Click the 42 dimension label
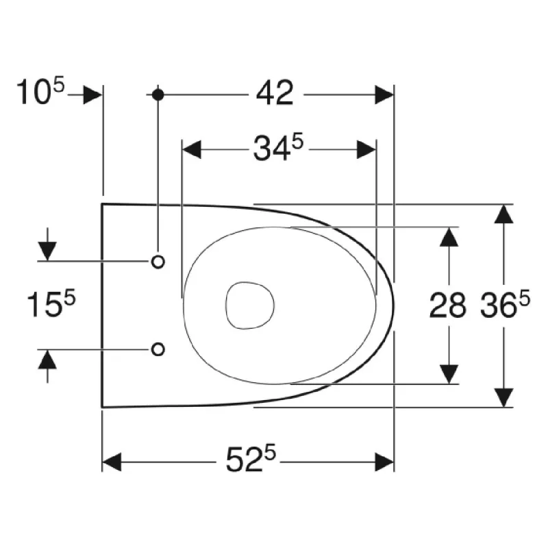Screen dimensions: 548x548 coord(275,93)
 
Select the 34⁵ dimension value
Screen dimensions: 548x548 coord(278,147)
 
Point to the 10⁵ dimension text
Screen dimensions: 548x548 coord(40,91)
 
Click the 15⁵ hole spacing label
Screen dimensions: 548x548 coord(51,304)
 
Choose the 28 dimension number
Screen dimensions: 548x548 coord(447,306)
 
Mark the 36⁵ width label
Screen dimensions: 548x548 coord(505,305)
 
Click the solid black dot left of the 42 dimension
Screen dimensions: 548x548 coord(158,95)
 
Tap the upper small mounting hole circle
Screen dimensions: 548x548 coord(158,262)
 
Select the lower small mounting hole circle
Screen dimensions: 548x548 coord(158,349)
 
